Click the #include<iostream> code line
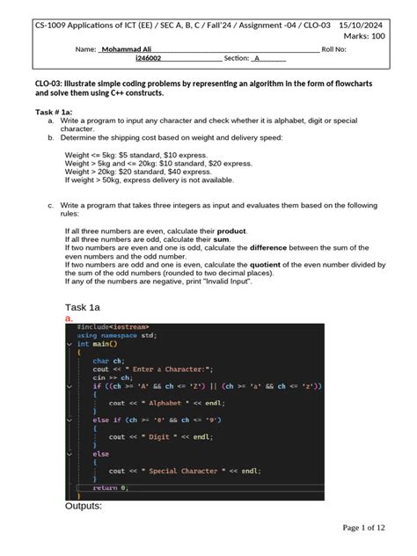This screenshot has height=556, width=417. click(x=113, y=326)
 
